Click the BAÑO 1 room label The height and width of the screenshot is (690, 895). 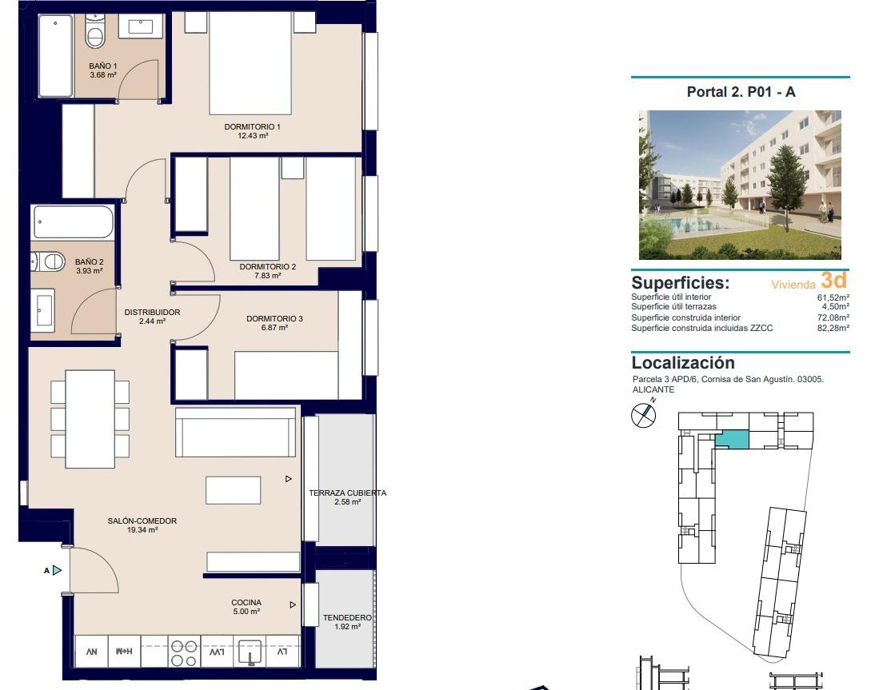[x=103, y=66]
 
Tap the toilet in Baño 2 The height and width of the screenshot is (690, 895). [x=50, y=261]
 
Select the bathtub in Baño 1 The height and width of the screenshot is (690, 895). [x=56, y=56]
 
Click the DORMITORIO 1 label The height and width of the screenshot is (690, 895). [x=252, y=127]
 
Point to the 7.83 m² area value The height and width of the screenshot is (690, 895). [x=267, y=276]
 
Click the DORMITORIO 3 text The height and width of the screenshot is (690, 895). [x=274, y=319]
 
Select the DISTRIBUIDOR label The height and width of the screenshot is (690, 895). [x=152, y=313]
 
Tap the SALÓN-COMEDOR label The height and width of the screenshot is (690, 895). [x=142, y=521]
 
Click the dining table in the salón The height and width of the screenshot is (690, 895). [x=90, y=418]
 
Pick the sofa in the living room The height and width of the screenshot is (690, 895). [x=237, y=432]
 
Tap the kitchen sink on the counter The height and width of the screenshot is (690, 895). [x=250, y=652]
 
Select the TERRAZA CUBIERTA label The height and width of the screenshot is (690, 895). [x=347, y=493]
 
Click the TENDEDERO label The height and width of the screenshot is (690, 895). [x=347, y=618]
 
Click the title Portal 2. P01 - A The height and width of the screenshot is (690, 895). [x=741, y=92]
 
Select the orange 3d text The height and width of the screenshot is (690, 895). [x=833, y=281]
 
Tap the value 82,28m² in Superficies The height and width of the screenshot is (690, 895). [x=833, y=328]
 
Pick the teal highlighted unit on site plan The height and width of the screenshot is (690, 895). [x=732, y=439]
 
